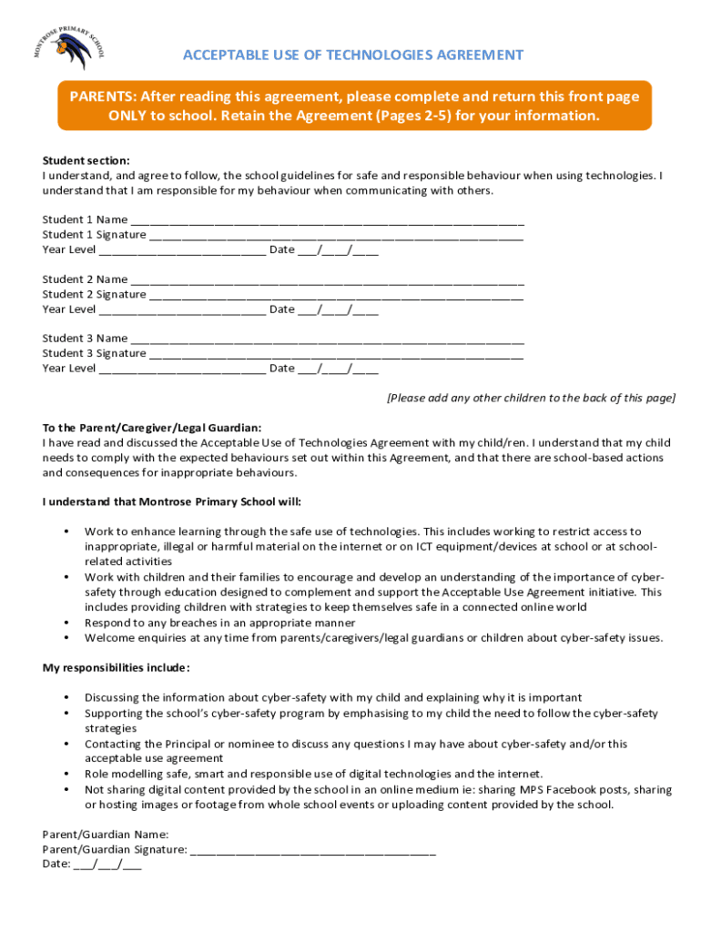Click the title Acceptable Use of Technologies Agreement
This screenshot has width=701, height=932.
tap(353, 55)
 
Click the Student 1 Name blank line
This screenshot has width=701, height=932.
tap(327, 221)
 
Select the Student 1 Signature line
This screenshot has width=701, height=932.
tap(336, 236)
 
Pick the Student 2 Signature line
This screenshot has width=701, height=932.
tap(336, 296)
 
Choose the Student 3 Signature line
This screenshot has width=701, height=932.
tap(336, 355)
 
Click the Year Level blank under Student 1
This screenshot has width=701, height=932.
tap(182, 251)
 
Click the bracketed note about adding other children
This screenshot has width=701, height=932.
tap(531, 398)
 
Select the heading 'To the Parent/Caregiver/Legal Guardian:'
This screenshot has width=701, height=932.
tap(152, 428)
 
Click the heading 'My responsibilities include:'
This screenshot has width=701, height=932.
tap(117, 668)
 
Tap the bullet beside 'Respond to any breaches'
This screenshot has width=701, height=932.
tap(66, 623)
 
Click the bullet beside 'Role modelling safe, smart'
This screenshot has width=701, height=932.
tap(66, 774)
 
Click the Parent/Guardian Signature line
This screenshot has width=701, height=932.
tap(313, 851)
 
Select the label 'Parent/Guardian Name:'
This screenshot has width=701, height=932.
tap(106, 834)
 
